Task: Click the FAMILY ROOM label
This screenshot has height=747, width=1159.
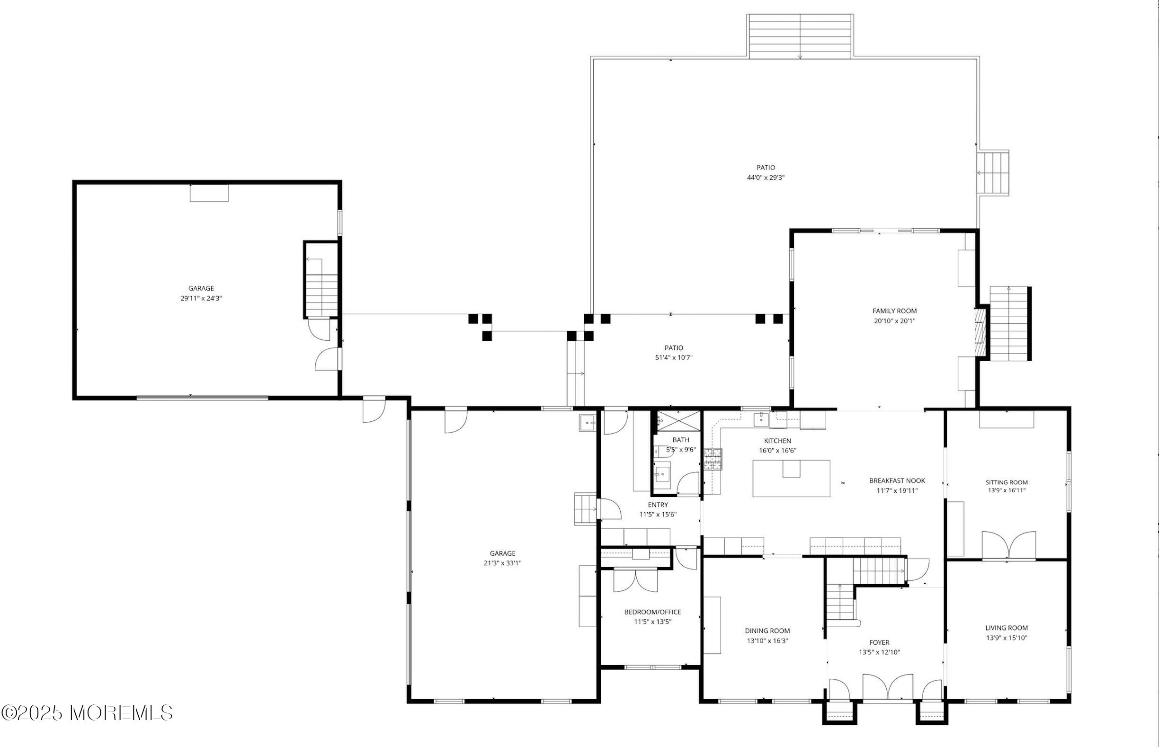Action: coord(894,311)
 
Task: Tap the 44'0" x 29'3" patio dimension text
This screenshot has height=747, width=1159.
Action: coord(766,178)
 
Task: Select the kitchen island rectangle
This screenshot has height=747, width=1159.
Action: coord(791,478)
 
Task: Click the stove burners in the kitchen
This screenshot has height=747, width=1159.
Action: coord(713,459)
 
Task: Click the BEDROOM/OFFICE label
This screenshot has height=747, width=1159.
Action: coord(652,612)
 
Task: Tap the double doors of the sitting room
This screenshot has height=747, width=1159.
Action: coord(1008,546)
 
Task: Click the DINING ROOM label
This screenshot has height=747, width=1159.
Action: coord(767,631)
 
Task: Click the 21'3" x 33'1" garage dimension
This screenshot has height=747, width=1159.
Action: coord(502,563)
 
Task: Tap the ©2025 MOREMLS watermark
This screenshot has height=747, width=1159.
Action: coord(87,713)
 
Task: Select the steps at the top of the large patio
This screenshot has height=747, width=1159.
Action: coord(800,36)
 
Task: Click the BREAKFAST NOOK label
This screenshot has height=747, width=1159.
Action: coord(897,480)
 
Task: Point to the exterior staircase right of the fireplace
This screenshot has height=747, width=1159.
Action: coord(1009,323)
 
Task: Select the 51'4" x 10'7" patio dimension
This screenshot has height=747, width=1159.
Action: coord(673,358)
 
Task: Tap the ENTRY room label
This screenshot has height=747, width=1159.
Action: coord(657,505)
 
